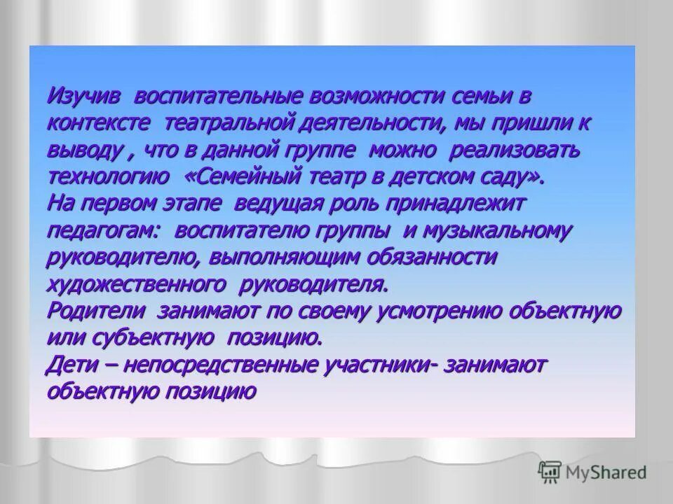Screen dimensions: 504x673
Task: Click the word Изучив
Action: (x=83, y=95)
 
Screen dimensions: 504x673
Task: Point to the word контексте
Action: (x=98, y=124)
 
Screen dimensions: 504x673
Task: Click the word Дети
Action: (x=73, y=365)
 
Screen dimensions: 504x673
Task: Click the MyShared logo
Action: (x=592, y=472)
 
